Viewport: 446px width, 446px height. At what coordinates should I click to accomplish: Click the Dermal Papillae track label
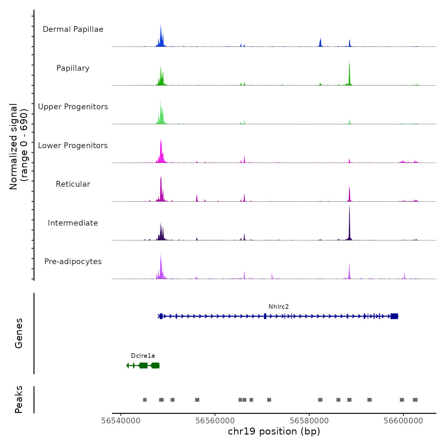click(x=73, y=29)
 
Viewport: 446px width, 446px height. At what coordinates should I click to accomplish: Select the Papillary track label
click(x=73, y=68)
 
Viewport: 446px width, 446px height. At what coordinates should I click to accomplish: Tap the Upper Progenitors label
click(x=73, y=107)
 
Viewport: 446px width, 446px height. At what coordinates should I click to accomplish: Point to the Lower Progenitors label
click(x=73, y=146)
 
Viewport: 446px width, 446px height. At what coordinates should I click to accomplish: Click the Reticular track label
click(x=73, y=184)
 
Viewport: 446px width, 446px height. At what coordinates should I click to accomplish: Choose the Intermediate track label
click(x=73, y=223)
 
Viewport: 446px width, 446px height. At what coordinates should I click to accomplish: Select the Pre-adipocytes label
click(x=73, y=262)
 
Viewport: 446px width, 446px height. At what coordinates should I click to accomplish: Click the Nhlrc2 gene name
click(x=278, y=307)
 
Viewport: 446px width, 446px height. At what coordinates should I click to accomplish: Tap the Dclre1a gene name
click(x=143, y=356)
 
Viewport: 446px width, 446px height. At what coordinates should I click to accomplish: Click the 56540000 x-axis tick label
click(x=121, y=421)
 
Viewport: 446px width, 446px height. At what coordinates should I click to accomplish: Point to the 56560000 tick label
click(x=215, y=421)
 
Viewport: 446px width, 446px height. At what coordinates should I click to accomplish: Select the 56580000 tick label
click(x=309, y=421)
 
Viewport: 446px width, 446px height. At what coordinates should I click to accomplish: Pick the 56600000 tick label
click(x=403, y=421)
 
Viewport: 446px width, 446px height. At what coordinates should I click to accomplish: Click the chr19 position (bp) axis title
click(x=274, y=431)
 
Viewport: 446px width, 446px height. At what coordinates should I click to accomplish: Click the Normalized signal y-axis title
click(x=18, y=147)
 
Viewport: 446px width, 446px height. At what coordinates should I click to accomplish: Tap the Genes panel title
click(x=19, y=333)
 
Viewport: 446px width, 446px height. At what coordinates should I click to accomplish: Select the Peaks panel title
click(x=19, y=399)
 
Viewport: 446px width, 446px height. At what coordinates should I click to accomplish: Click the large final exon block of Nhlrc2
click(x=394, y=316)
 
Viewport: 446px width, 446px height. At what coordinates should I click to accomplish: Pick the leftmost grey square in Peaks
click(x=145, y=400)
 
